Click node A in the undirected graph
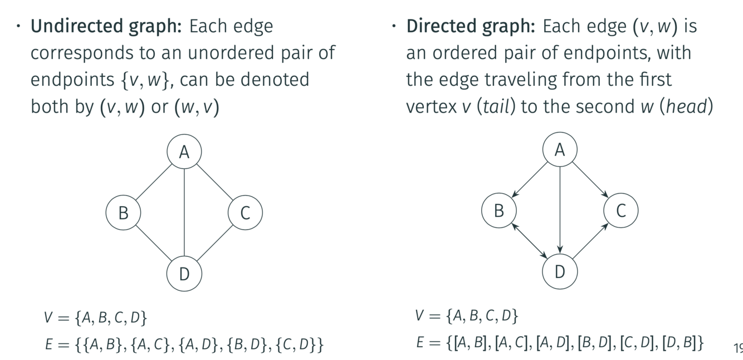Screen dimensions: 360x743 (184, 152)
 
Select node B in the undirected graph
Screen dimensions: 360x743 (123, 212)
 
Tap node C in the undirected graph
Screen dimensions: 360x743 (245, 212)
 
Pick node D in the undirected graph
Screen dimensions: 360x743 (184, 274)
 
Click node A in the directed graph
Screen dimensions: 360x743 (560, 150)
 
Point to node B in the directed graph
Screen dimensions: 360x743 (499, 211)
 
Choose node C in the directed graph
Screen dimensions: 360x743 (620, 211)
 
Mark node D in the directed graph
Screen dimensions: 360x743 (560, 271)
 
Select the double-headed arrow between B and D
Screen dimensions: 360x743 (529, 241)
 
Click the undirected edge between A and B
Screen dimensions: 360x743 (154, 182)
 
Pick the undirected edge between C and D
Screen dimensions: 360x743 (214, 243)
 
